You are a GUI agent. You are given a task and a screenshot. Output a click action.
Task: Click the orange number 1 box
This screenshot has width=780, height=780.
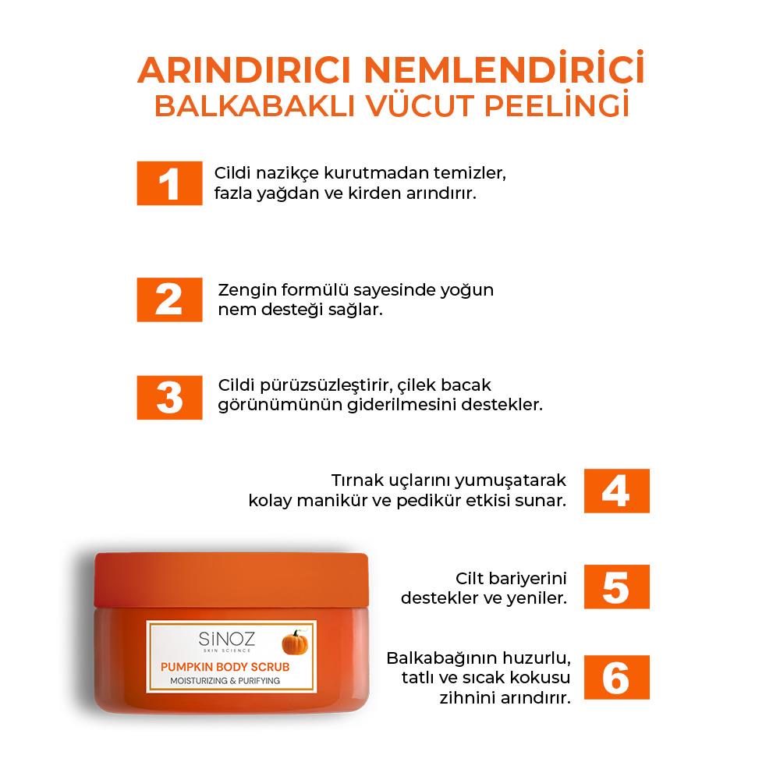(169, 183)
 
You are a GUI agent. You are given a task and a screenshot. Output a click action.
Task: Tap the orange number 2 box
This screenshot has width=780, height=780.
(169, 300)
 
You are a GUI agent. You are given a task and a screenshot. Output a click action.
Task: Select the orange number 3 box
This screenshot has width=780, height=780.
(169, 397)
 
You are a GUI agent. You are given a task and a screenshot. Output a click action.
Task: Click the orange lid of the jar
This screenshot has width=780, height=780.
(231, 577)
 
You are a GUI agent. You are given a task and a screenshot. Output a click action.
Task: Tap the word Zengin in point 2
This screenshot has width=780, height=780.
(246, 290)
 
